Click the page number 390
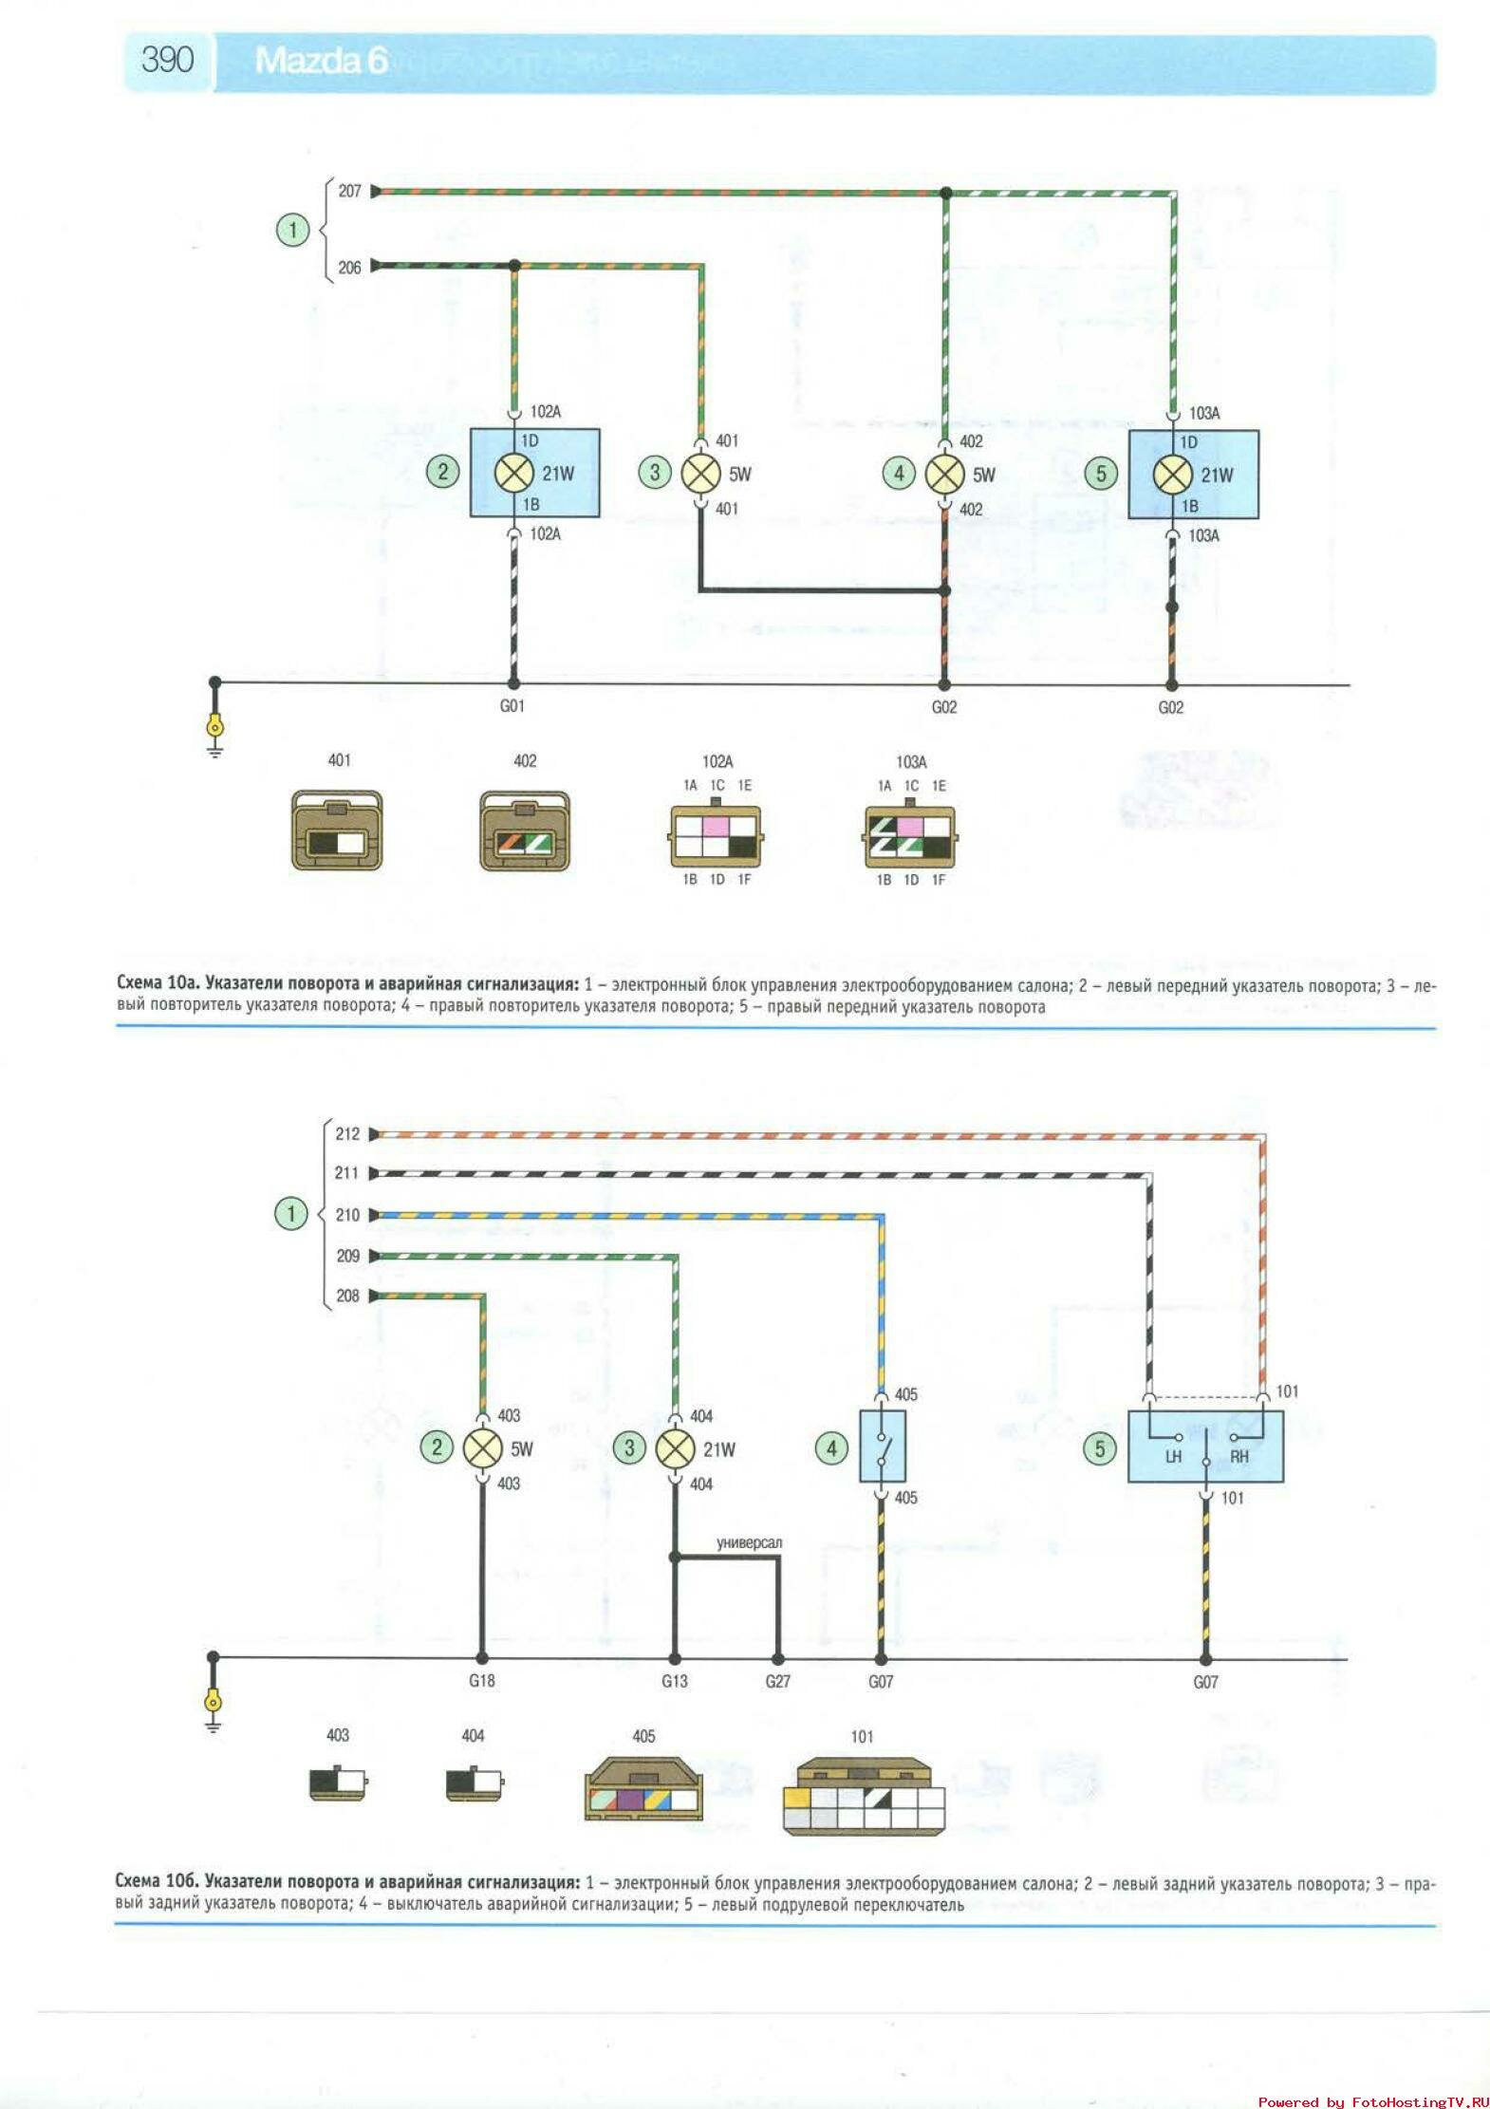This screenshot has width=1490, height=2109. pos(167,60)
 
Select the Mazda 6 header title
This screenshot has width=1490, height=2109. pos(321,61)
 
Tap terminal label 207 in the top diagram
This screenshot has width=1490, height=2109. pos(349,192)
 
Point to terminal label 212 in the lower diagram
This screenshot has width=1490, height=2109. pos(347,1134)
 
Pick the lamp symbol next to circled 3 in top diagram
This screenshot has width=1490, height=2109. pos(701,474)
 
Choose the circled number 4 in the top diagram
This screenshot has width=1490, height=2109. pos(899,473)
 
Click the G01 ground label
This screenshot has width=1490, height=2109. pos(512,706)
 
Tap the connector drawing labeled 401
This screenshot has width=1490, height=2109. pos(337,831)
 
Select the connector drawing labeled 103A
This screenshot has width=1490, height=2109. pos(911,836)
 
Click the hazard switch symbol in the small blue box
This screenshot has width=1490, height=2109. pos(882,1446)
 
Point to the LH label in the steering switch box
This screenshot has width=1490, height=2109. pos(1173,1457)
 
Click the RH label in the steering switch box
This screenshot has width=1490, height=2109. pos(1239,1457)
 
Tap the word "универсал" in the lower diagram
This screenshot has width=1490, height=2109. pos(749,1543)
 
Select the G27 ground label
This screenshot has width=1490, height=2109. pos(777,1681)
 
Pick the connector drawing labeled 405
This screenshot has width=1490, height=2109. pos(643,1790)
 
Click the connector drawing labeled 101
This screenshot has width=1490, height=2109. pos(864,1796)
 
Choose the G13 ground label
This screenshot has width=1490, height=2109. pos(674,1681)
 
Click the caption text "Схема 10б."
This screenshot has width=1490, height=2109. pos(156,1881)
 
